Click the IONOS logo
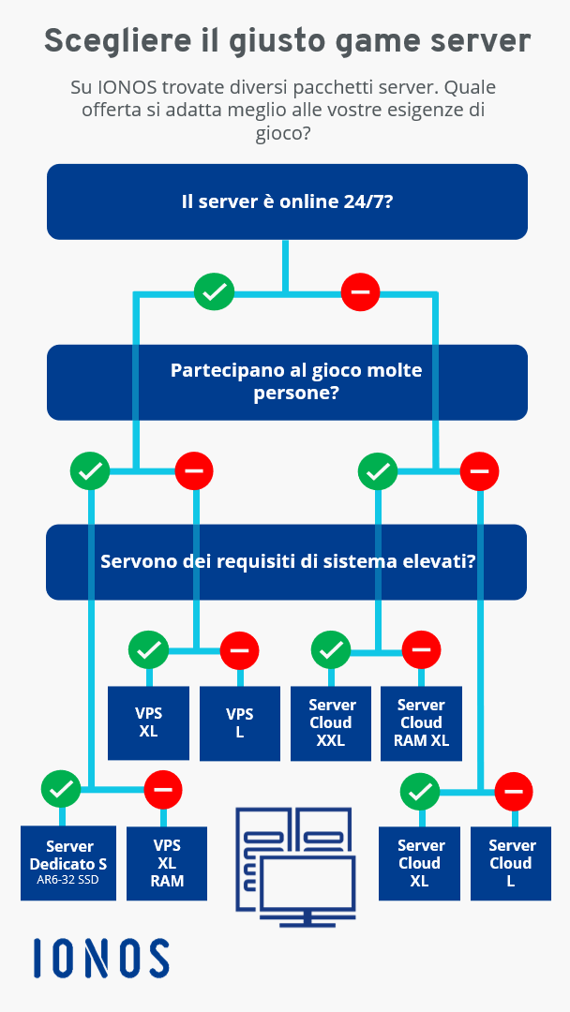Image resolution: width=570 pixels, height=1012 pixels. pyautogui.click(x=101, y=958)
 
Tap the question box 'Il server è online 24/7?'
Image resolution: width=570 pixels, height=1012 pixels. pyautogui.click(x=287, y=202)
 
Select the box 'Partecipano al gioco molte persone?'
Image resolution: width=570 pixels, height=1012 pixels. pyautogui.click(x=287, y=382)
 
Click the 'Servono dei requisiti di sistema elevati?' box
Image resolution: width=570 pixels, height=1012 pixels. pyautogui.click(x=287, y=561)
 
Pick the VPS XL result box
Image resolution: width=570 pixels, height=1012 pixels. pyautogui.click(x=148, y=722)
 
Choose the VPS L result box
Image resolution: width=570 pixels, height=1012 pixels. pyautogui.click(x=240, y=723)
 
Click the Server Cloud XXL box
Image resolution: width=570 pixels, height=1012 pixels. pyautogui.click(x=331, y=722)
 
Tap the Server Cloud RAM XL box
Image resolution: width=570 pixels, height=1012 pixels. pyautogui.click(x=422, y=722)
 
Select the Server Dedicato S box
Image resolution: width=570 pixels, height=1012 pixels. pyautogui.click(x=68, y=863)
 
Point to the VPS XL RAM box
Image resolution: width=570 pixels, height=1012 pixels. pyautogui.click(x=167, y=863)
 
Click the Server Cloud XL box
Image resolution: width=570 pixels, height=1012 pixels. pyautogui.click(x=420, y=863)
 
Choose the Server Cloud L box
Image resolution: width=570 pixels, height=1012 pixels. pyautogui.click(x=511, y=863)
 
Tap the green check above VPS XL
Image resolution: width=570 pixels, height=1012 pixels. pyautogui.click(x=148, y=650)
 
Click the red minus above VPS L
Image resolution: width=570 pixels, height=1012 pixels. pyautogui.click(x=239, y=650)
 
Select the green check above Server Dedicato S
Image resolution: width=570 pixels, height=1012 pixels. pyautogui.click(x=61, y=789)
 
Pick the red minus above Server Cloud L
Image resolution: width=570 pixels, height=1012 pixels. pyautogui.click(x=514, y=791)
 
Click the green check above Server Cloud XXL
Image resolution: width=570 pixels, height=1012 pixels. pyautogui.click(x=331, y=650)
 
